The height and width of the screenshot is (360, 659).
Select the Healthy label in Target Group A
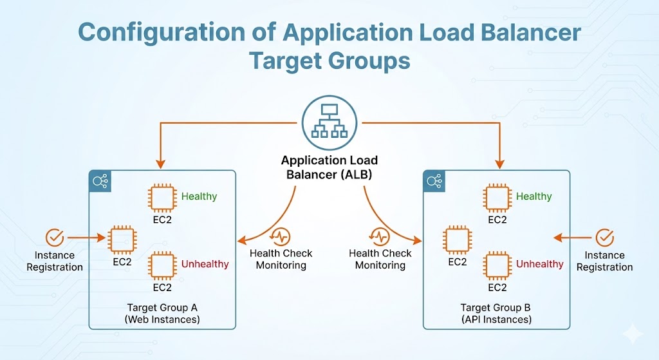(199, 196)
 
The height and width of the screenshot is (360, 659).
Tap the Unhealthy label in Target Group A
(205, 264)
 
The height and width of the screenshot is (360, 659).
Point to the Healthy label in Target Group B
(534, 196)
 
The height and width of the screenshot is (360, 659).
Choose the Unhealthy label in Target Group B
(539, 264)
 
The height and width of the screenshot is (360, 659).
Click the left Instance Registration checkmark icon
(55, 238)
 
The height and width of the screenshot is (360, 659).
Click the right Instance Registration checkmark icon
(604, 238)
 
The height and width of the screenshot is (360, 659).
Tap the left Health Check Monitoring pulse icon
(281, 236)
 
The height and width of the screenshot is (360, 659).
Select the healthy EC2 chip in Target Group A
(162, 198)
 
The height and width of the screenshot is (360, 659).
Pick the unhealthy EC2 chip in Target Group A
(162, 265)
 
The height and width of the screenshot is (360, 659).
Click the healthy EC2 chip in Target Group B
(497, 198)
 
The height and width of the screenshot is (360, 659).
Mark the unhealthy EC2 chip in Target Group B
(497, 265)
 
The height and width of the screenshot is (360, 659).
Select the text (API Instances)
(496, 319)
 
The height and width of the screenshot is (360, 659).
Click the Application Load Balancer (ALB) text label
(329, 166)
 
